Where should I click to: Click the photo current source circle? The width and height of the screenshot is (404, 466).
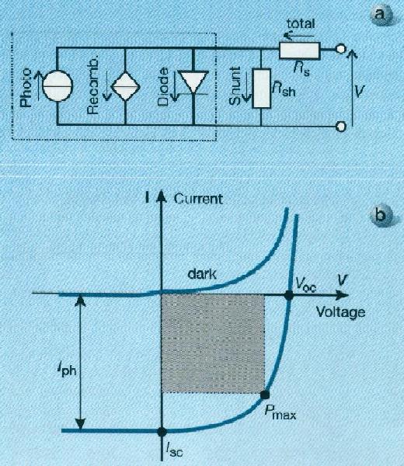[57, 86]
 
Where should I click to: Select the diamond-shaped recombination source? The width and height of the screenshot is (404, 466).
[125, 86]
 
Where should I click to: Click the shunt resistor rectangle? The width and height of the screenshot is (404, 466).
[261, 89]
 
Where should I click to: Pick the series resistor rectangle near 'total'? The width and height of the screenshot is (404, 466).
[299, 50]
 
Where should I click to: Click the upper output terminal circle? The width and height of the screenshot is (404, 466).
[341, 49]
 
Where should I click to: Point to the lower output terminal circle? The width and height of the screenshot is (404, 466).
[341, 127]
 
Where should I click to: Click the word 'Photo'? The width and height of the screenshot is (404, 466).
[26, 87]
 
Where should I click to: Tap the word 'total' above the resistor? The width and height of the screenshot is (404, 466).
[301, 23]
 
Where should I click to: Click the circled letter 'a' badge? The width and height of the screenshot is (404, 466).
[380, 14]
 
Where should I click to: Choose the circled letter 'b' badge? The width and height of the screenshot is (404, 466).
[380, 214]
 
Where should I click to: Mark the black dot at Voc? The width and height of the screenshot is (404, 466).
[289, 295]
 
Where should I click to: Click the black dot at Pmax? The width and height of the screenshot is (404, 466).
[265, 395]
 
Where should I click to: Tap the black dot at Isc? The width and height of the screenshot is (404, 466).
[162, 431]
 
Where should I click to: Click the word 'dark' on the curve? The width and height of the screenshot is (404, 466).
[202, 273]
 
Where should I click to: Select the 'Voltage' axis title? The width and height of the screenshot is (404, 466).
[340, 312]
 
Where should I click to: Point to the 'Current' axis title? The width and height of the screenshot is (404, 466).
[198, 199]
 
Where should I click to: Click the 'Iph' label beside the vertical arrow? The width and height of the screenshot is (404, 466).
[67, 370]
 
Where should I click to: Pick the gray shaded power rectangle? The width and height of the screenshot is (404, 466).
[213, 344]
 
